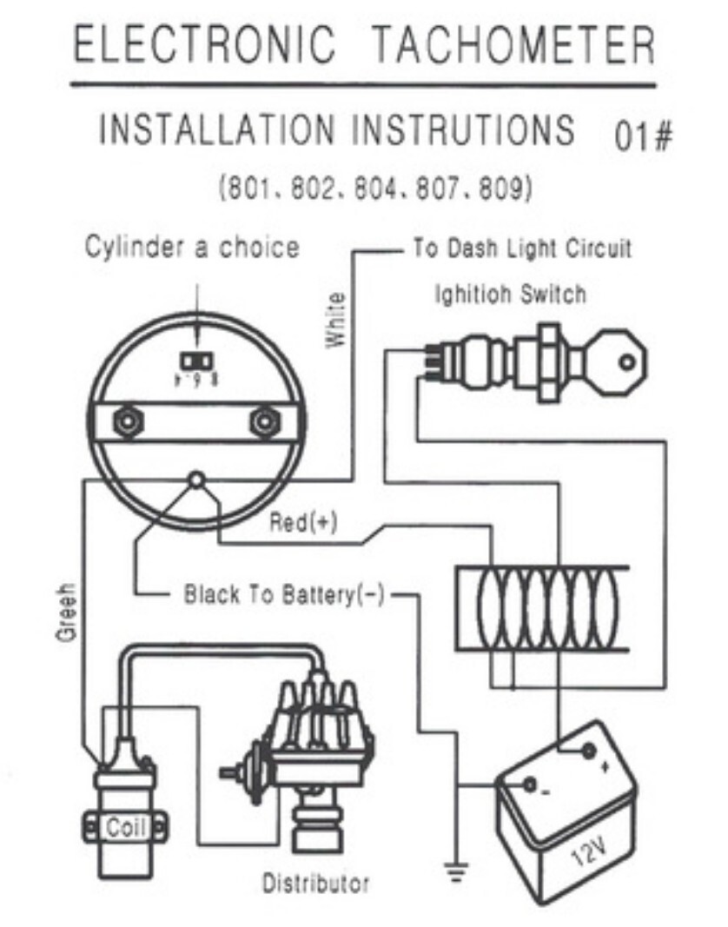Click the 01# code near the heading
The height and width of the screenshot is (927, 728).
[644, 137]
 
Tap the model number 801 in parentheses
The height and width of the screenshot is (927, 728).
[246, 188]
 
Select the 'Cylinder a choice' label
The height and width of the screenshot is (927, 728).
[191, 247]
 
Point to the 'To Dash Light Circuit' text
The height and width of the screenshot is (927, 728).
[521, 249]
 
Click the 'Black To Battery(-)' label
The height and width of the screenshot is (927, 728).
[283, 595]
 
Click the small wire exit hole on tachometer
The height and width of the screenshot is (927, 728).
[197, 479]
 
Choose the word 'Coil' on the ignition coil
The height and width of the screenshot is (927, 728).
[125, 827]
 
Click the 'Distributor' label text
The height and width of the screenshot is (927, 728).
[315, 884]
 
